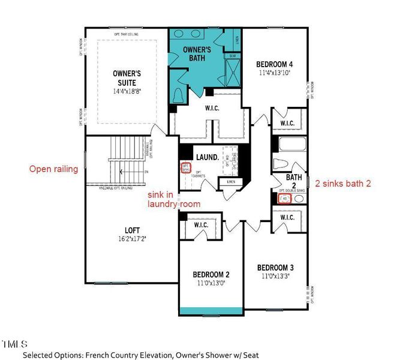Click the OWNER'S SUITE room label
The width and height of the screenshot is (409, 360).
[127, 77]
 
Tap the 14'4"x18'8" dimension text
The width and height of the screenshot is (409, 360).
[127, 91]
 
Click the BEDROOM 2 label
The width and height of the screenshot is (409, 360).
[211, 274]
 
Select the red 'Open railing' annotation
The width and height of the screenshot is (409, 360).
[54, 169]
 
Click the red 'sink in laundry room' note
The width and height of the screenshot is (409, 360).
[174, 200]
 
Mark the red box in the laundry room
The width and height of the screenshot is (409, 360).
[186, 167]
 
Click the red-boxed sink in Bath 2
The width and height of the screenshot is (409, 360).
[285, 197]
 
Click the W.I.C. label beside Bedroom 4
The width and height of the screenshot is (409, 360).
[287, 124]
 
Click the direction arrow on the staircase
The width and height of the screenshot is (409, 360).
[123, 172]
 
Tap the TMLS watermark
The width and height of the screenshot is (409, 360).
[14, 344]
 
